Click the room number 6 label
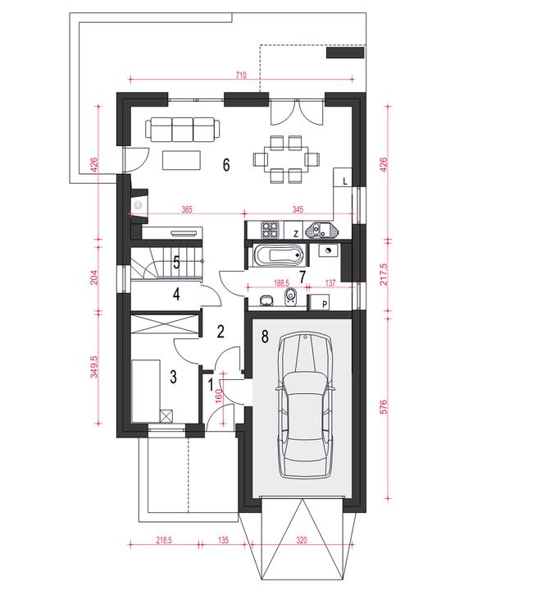coord(226,165)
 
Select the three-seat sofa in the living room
coord(183,130)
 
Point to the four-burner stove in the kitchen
coord(270,229)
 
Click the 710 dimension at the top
coord(241,76)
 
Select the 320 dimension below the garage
coord(302,540)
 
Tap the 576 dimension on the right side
coord(383,407)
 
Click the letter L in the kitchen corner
coord(345,181)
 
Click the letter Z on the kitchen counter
coord(296,234)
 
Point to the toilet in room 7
coord(290,298)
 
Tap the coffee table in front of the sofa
coord(181,160)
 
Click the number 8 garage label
coord(265,337)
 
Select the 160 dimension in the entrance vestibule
coord(219,396)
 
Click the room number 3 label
coord(174,377)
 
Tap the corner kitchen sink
coord(322,230)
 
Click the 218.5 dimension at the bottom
coord(164,540)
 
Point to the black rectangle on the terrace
coord(345,53)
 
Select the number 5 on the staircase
coord(176,263)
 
